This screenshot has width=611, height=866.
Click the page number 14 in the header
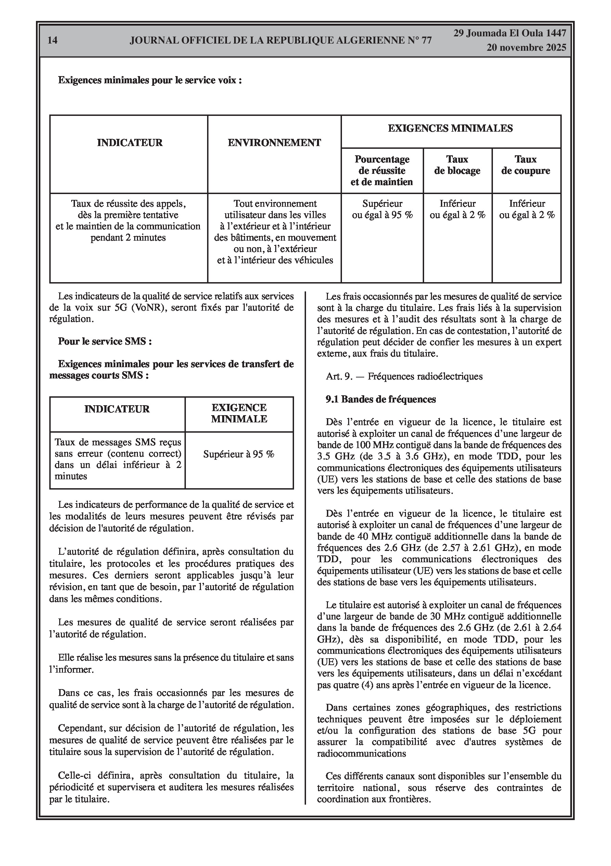point(53,40)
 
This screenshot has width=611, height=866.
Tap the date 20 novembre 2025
point(526,48)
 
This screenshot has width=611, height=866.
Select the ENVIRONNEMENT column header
point(274,143)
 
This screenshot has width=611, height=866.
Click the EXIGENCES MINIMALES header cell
point(450,128)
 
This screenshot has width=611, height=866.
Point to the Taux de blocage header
point(457,165)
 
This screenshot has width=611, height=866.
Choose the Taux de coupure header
point(525,165)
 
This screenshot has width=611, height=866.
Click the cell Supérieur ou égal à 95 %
point(382,209)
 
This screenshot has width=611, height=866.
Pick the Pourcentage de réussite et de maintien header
point(382,170)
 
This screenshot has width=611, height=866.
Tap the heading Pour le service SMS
point(105,341)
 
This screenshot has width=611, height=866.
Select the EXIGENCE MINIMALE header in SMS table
point(239,413)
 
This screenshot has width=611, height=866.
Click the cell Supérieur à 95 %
point(239,454)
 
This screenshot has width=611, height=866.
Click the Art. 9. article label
point(339,376)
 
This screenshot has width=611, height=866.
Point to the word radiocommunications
point(361,754)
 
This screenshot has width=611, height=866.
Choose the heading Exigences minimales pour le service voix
point(150,80)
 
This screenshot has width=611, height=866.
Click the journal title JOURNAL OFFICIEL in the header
point(280,40)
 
